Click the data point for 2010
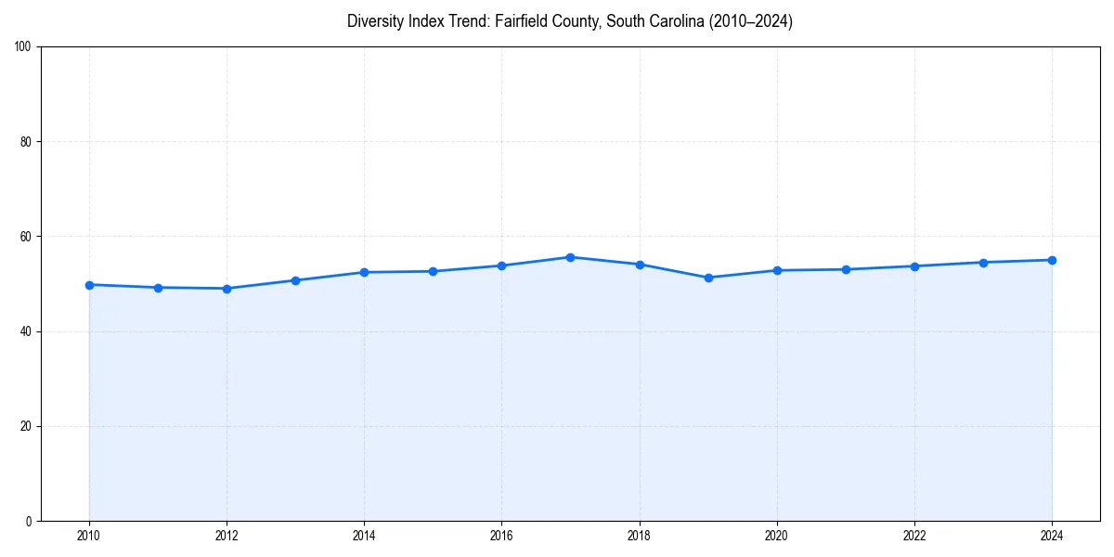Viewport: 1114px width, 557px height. (x=89, y=285)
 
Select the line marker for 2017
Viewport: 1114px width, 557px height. (x=570, y=257)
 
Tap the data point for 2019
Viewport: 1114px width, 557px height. (x=708, y=278)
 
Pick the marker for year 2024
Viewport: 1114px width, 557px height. (x=1052, y=260)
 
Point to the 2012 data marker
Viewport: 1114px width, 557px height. (x=227, y=289)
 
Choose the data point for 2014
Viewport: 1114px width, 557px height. (x=364, y=272)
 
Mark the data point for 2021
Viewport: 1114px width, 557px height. (x=846, y=269)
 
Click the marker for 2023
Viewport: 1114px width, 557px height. (x=983, y=262)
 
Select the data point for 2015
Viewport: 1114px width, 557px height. (x=433, y=271)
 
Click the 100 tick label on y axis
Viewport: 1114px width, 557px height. (x=23, y=47)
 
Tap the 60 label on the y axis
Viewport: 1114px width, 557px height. (x=26, y=237)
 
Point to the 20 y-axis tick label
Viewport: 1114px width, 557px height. (x=26, y=426)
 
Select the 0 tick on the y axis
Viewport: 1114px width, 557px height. (x=29, y=521)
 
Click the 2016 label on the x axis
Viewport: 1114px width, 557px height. (x=501, y=536)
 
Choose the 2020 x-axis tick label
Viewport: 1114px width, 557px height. (x=777, y=536)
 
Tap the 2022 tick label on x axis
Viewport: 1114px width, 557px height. (x=914, y=536)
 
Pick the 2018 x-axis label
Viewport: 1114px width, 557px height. (x=639, y=536)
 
